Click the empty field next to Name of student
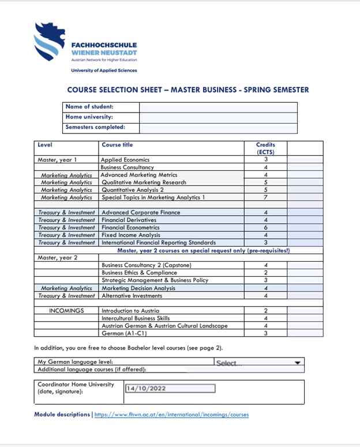[x=218, y=107]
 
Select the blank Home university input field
[x=218, y=118]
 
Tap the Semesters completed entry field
[x=218, y=128]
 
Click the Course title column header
[x=117, y=145]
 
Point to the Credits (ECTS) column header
[x=265, y=148]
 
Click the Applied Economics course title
[x=125, y=160]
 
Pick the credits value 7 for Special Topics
[x=265, y=198]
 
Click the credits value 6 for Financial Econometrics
[x=265, y=228]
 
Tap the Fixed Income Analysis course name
[x=130, y=235]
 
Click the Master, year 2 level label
[x=57, y=258]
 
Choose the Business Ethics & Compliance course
[x=139, y=273]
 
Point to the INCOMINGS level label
[x=66, y=311]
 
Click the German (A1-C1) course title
[x=121, y=333]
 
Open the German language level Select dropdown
[x=258, y=363]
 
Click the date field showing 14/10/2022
[x=170, y=389]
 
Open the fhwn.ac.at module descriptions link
[x=171, y=415]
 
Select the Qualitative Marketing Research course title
[x=144, y=182]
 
